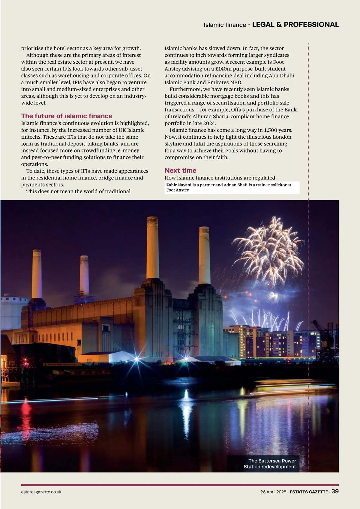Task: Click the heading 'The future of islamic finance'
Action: click(67, 116)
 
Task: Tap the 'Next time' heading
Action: click(180, 171)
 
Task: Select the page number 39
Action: click(335, 491)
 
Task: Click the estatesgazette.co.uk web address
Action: click(41, 492)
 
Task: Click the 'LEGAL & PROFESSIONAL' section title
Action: click(295, 25)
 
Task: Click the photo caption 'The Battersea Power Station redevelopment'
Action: click(270, 464)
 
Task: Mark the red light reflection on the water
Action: click(26, 410)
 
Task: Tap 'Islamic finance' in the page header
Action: click(225, 25)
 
